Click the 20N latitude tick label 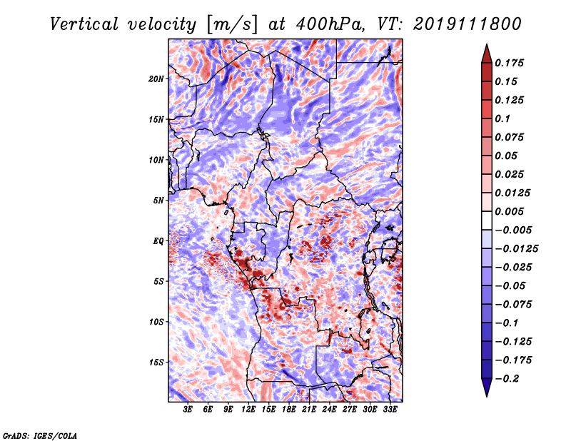coord(156,78)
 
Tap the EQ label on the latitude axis coord(158,241)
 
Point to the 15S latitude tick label coord(156,363)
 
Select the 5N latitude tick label coord(158,201)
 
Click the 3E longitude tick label coord(188,410)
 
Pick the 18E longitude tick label coord(289,410)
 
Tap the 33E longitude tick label coord(390,410)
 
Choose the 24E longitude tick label coord(329,410)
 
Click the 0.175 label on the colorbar coord(510,63)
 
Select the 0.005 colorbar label coord(510,211)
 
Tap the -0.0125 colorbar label coord(517,249)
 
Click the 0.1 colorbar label coord(503,118)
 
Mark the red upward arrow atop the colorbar coord(487,54)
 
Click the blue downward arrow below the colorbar coord(487,387)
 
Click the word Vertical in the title coord(84,24)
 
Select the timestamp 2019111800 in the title coord(468,24)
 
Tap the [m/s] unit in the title coord(232,25)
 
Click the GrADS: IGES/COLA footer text coord(40,435)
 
